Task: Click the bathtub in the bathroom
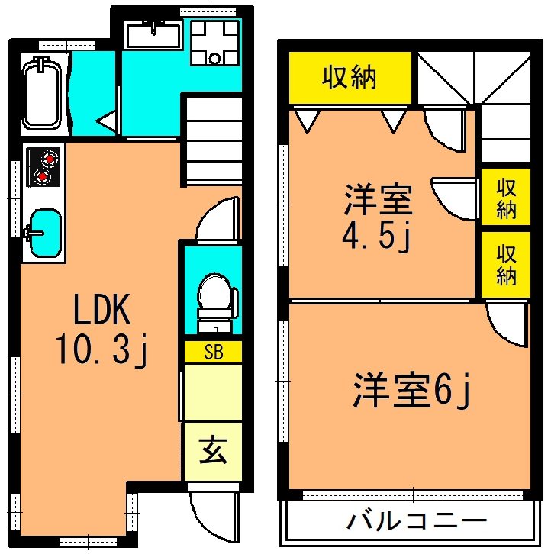(42, 93)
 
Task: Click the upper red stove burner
(50, 159)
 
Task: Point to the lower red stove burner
(44, 177)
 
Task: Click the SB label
(213, 352)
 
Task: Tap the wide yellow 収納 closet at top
(350, 78)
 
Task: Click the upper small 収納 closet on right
(506, 198)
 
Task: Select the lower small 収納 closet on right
(506, 263)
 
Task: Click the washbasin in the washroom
(153, 34)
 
